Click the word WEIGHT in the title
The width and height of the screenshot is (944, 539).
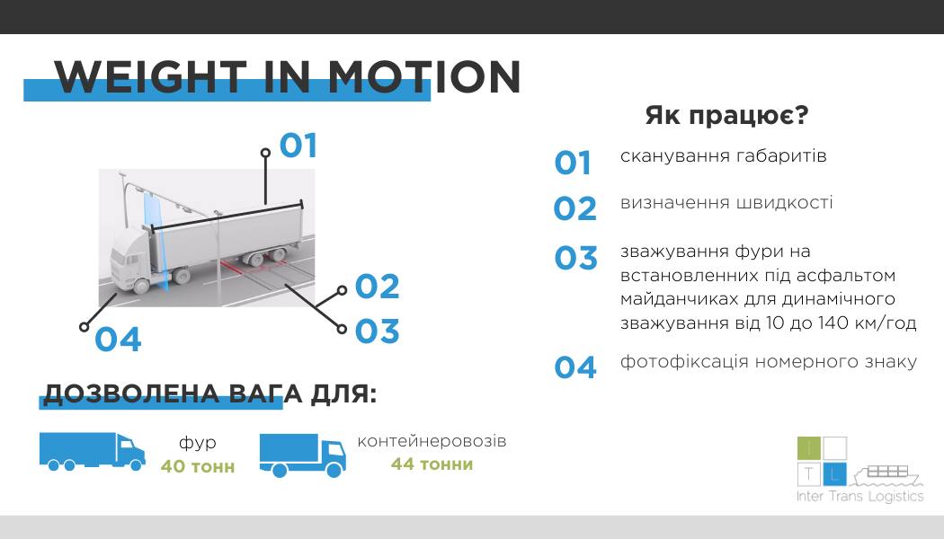[x=150, y=77]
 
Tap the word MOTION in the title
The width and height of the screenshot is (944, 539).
[x=423, y=77]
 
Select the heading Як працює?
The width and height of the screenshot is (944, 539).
[x=726, y=115]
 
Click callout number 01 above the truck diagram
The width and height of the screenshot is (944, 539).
[x=298, y=146]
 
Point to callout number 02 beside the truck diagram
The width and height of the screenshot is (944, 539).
[x=378, y=287]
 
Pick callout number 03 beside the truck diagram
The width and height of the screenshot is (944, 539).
[x=378, y=331]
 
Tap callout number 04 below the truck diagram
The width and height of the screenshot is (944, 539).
[x=118, y=340]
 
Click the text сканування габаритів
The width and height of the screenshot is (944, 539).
[x=724, y=156]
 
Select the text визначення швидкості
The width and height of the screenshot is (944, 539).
[x=726, y=203]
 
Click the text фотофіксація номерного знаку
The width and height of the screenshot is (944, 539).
[x=769, y=362]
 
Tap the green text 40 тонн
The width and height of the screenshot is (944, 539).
[x=198, y=466]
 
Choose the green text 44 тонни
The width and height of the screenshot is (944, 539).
[x=432, y=464]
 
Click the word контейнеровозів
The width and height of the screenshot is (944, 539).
[x=432, y=441]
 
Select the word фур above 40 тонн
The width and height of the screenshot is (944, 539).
[x=198, y=444]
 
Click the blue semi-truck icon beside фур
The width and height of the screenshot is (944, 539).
[x=92, y=451]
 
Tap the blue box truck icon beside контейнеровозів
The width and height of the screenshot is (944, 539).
[x=303, y=455]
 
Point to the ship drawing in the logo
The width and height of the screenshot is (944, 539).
[x=888, y=475]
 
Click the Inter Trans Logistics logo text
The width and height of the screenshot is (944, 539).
[x=859, y=496]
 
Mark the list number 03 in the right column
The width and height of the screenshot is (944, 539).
[x=575, y=258]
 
